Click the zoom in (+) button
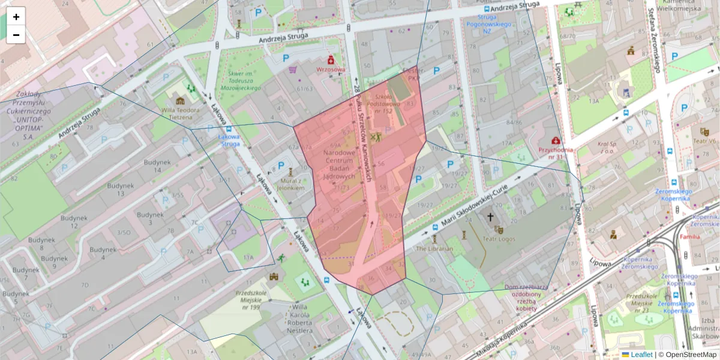[16, 17]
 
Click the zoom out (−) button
[16, 35]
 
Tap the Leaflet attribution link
[641, 355]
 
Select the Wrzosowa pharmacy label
[331, 69]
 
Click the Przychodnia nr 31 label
[556, 153]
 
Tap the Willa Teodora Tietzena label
[179, 113]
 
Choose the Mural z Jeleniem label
[292, 184]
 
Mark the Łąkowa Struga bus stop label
[229, 140]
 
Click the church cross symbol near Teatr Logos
[490, 217]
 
